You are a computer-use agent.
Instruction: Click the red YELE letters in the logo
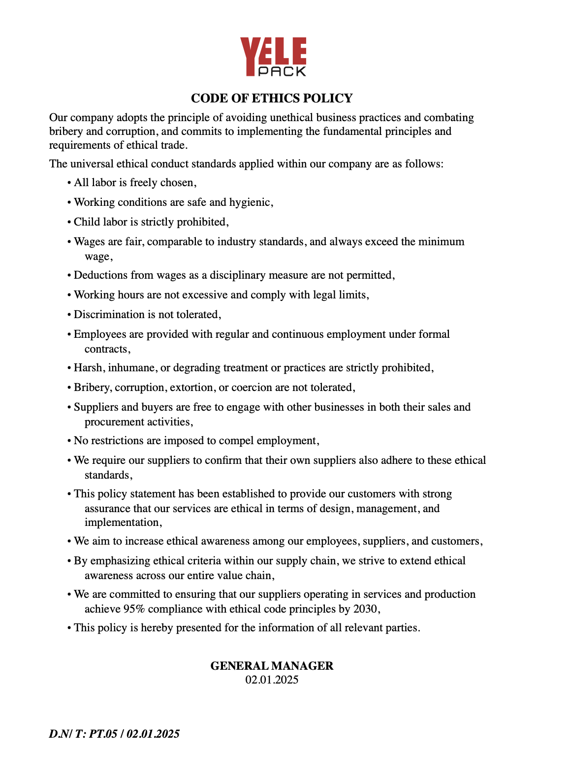point(273,52)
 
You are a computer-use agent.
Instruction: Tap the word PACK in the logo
point(282,71)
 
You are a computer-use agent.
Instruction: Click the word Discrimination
point(109,315)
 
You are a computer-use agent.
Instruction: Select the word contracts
point(106,349)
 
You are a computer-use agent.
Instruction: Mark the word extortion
point(191,388)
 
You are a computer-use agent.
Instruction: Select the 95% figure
point(134,609)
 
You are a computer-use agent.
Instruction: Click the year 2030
point(365,609)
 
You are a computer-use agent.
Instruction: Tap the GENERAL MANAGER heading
point(272,666)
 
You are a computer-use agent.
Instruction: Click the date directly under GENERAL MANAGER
point(272,680)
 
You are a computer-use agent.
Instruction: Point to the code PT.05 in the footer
point(103,734)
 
